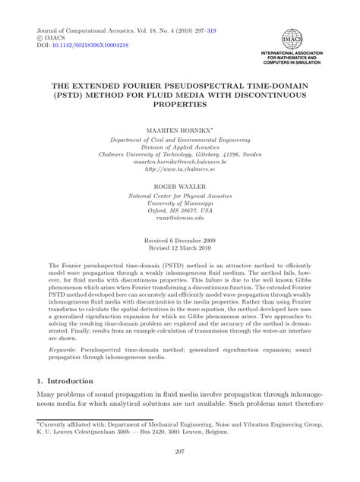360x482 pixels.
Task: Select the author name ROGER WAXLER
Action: click(x=180, y=185)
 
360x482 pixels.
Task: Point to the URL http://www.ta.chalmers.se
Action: click(x=180, y=171)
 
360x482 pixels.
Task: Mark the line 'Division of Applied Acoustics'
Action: click(x=180, y=143)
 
